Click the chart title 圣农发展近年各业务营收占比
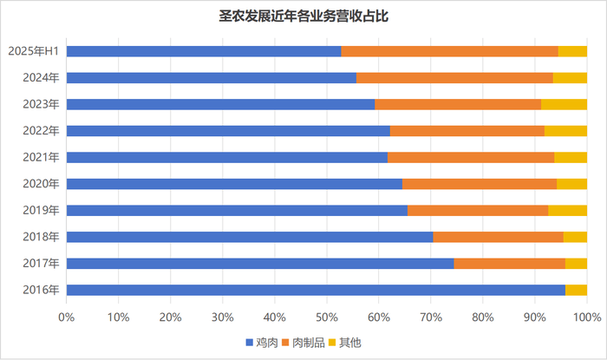click(303, 16)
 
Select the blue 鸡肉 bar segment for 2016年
click(316, 290)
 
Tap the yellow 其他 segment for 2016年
click(576, 290)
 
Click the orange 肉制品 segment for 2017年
click(510, 264)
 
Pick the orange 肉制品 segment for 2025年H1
click(450, 51)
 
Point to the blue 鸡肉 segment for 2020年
click(234, 184)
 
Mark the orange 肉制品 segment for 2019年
click(478, 210)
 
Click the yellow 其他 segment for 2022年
click(565, 131)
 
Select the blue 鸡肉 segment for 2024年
click(212, 78)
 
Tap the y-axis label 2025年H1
click(33, 51)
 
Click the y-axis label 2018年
click(41, 237)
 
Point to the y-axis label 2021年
click(41, 157)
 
